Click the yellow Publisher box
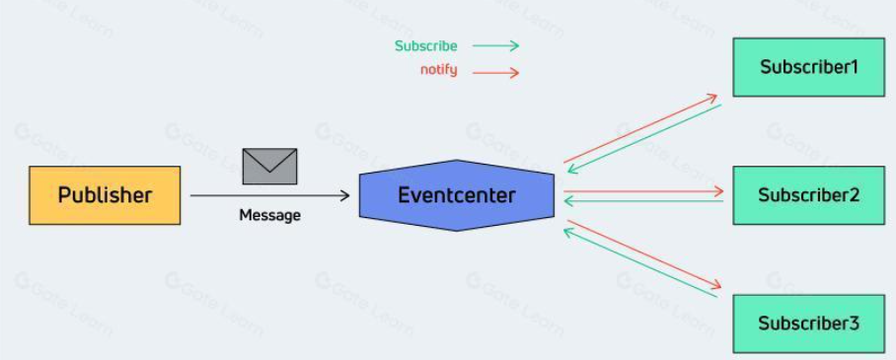[x=106, y=195]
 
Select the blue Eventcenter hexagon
[x=457, y=195]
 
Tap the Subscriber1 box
[x=808, y=67]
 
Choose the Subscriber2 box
[x=808, y=195]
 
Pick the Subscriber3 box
[x=808, y=324]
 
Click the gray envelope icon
[x=269, y=167]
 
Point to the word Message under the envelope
[x=269, y=215]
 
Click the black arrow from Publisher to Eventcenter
[x=269, y=196]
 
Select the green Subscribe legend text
[x=425, y=46]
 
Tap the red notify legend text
[x=439, y=70]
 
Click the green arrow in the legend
[x=496, y=46]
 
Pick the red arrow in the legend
[x=496, y=73]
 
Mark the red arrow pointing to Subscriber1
[x=640, y=128]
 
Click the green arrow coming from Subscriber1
[x=644, y=138]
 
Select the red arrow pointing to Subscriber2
[x=643, y=191]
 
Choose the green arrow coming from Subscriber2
[x=643, y=201]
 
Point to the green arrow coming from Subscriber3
[x=640, y=263]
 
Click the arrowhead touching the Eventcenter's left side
[x=344, y=196]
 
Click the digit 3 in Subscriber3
[x=854, y=324]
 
